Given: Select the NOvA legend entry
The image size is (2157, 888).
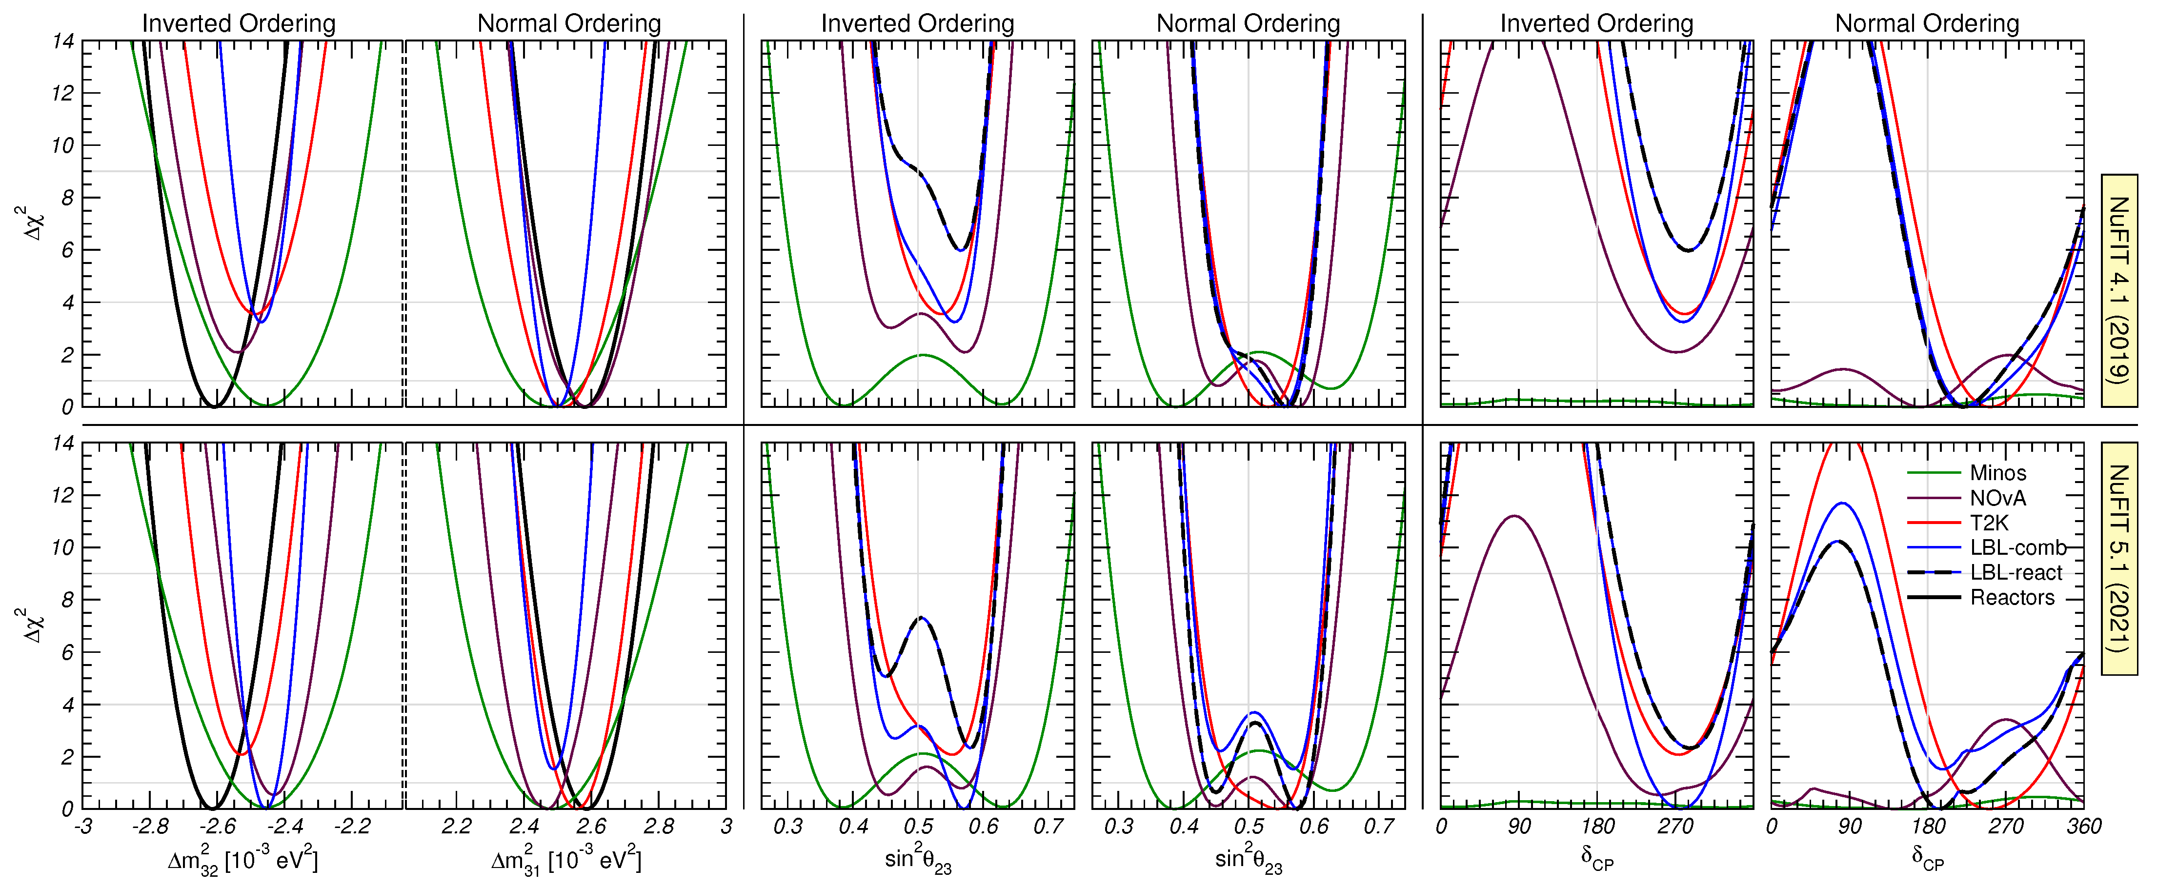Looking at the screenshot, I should pyautogui.click(x=1998, y=499).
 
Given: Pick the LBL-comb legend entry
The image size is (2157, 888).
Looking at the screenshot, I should pyautogui.click(x=2018, y=548).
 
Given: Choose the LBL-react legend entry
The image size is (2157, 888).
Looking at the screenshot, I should pyautogui.click(x=2016, y=573).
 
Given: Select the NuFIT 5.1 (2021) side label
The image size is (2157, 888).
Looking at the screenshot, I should pyautogui.click(x=2118, y=559).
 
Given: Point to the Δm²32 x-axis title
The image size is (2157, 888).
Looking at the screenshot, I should pyautogui.click(x=243, y=861).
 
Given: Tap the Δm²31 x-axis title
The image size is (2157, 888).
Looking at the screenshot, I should pyautogui.click(x=566, y=861).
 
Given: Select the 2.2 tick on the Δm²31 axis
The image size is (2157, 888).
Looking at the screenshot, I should pyautogui.click(x=456, y=827).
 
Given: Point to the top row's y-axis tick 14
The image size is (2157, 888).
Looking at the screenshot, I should pyautogui.click(x=63, y=41).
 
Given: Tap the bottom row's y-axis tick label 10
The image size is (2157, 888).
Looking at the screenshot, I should pyautogui.click(x=63, y=547).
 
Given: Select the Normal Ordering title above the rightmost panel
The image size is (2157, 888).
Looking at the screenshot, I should pyautogui.click(x=1927, y=23).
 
